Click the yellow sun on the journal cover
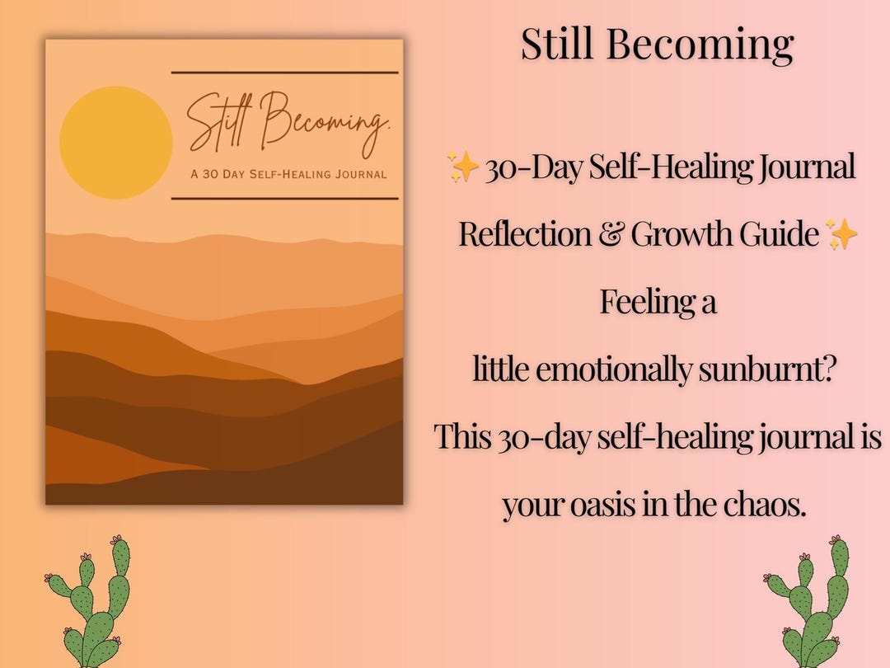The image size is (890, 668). [116, 143]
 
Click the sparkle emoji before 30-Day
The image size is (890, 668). [463, 168]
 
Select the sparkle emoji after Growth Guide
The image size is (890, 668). [841, 236]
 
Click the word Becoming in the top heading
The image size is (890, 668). [700, 45]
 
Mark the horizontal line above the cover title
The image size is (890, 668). [284, 73]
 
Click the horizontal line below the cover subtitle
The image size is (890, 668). [284, 198]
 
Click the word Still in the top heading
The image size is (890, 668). [560, 45]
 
